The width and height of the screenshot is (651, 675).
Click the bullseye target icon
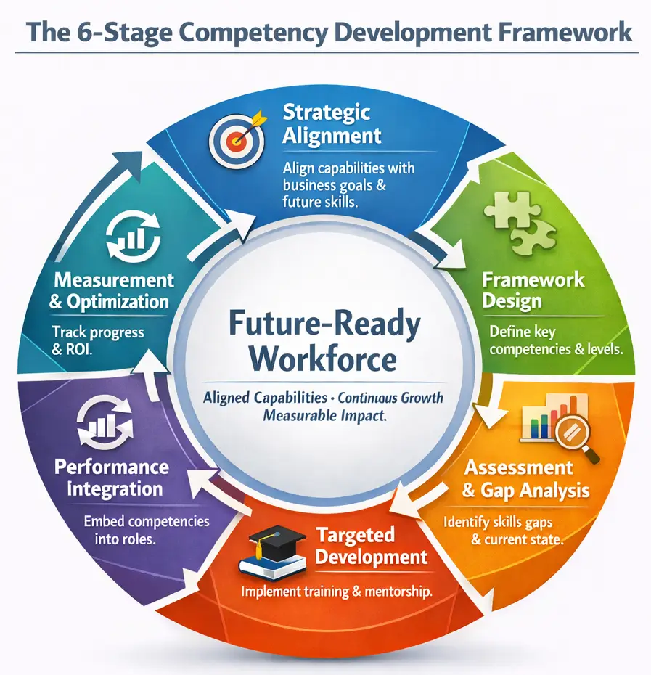237,137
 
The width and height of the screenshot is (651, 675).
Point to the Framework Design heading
533,290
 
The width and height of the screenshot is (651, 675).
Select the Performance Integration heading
112,477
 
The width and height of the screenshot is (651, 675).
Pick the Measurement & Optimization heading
112,290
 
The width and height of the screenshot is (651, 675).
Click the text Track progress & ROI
98,341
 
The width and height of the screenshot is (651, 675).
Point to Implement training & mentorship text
337,592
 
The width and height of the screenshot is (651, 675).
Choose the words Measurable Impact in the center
324,417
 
